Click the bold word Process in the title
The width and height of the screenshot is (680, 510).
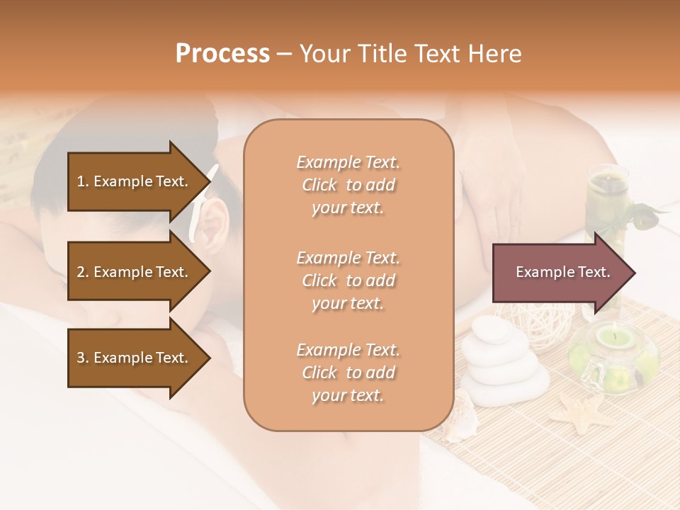[222, 54]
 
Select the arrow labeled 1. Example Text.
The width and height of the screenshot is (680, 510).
[132, 181]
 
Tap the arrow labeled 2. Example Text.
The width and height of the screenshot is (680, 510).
[132, 272]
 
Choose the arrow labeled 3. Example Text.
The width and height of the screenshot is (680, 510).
[132, 358]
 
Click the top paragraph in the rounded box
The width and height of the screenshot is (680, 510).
[348, 185]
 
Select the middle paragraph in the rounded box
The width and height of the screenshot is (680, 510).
[348, 280]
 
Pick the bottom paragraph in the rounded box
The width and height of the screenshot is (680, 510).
[348, 373]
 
